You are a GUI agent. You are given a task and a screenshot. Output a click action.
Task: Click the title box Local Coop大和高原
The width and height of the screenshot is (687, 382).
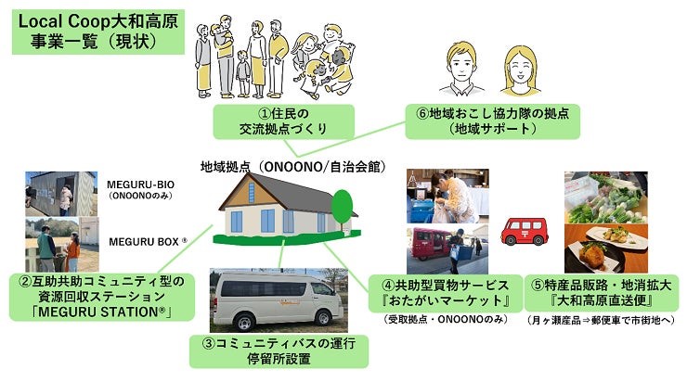(x=98, y=32)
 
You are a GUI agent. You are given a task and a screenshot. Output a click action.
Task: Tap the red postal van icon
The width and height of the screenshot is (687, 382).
(x=525, y=231)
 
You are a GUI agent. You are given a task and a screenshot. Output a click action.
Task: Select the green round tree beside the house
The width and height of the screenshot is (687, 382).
(x=342, y=207)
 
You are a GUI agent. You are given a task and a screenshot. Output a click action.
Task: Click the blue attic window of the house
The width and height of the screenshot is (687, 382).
(x=252, y=193)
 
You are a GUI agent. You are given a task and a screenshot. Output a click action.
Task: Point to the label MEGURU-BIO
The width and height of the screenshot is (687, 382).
(x=140, y=185)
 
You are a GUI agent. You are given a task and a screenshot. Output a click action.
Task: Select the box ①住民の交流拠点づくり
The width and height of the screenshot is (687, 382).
(x=283, y=121)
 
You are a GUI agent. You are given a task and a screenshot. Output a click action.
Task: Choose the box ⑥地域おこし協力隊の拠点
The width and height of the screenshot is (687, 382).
(x=492, y=121)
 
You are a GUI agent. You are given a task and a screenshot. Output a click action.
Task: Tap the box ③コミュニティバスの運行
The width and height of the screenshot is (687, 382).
(x=279, y=350)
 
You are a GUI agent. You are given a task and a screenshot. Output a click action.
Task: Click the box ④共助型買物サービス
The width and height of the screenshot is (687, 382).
(x=446, y=293)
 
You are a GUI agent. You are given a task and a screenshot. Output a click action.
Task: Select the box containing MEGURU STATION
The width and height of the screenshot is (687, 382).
(x=101, y=297)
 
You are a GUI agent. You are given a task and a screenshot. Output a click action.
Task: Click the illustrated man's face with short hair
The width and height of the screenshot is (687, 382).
(x=461, y=67)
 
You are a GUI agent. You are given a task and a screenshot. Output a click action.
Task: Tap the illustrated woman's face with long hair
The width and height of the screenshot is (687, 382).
(x=521, y=70)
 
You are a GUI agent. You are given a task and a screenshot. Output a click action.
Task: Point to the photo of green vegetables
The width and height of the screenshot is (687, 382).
(x=606, y=197)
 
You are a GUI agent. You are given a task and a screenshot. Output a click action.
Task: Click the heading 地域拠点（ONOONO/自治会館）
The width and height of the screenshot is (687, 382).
(x=292, y=167)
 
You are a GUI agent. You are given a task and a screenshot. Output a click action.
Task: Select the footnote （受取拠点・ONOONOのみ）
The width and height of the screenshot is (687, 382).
(x=446, y=320)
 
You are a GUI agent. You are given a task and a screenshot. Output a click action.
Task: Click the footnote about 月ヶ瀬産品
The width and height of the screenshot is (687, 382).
(x=602, y=320)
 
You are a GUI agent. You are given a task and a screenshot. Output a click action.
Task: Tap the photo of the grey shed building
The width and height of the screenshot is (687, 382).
(x=61, y=194)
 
